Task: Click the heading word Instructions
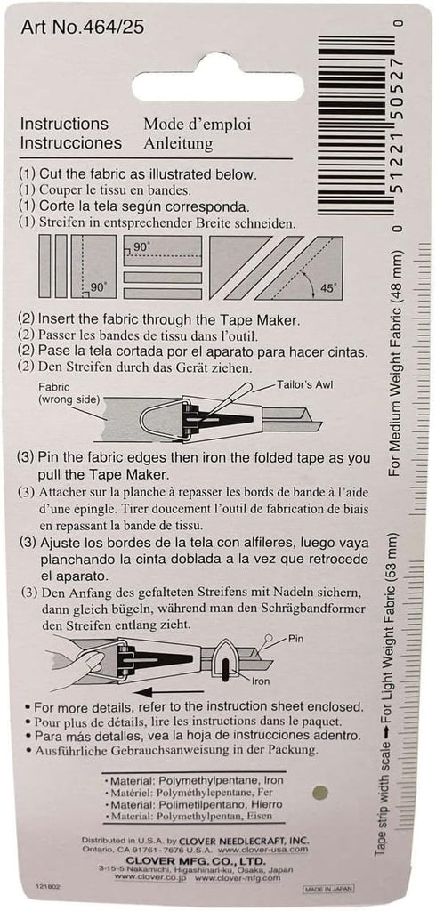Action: [x=64, y=125]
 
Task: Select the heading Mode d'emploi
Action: [x=196, y=125]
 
